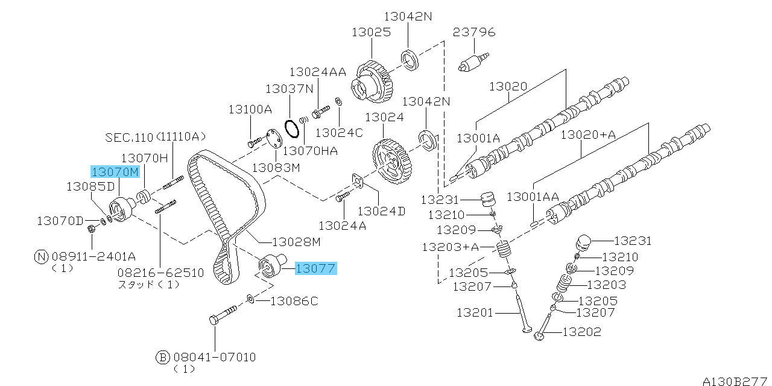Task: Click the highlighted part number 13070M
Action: pyautogui.click(x=115, y=172)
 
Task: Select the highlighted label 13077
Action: pyautogui.click(x=315, y=268)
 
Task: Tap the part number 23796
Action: pyautogui.click(x=474, y=32)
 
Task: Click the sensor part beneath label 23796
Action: pyautogui.click(x=473, y=62)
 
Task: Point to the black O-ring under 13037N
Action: pyautogui.click(x=292, y=129)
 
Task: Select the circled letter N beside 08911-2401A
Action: pyautogui.click(x=41, y=257)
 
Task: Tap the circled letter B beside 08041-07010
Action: pyautogui.click(x=163, y=358)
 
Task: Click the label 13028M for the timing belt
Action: pyautogui.click(x=296, y=242)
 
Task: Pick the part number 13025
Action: pyautogui.click(x=371, y=33)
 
